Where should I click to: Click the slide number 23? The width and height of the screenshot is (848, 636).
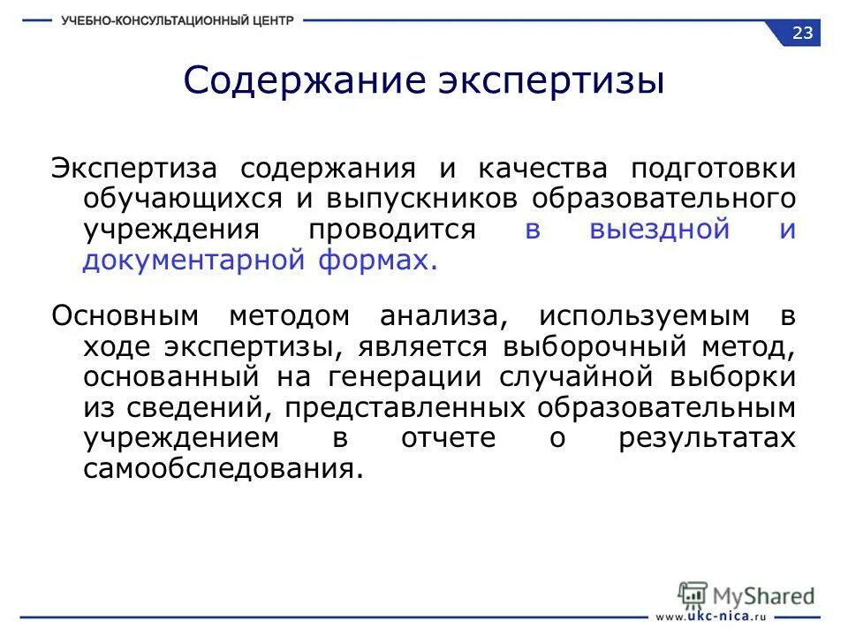(803, 34)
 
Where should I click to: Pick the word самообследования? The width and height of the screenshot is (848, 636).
(223, 469)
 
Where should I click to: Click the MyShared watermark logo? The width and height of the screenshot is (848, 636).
(746, 594)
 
